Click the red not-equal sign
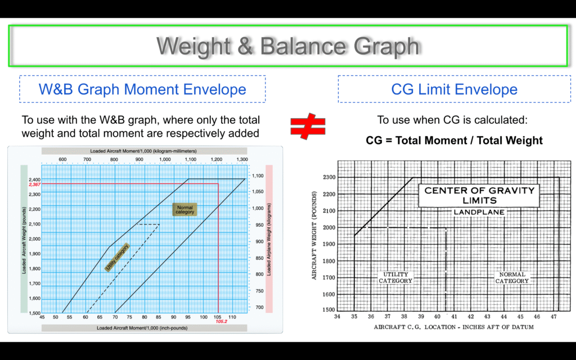click(308, 127)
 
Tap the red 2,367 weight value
click(34, 184)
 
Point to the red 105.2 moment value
click(221, 321)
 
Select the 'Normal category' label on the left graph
click(184, 210)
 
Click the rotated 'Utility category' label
click(117, 257)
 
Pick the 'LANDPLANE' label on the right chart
click(479, 212)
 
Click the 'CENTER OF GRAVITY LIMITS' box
click(479, 195)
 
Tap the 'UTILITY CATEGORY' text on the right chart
click(395, 278)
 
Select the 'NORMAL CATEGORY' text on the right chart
click(512, 278)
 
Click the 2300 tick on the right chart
click(328, 177)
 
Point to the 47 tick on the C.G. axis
click(553, 317)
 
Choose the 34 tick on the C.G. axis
click(337, 317)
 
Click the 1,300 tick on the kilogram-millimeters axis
click(242, 159)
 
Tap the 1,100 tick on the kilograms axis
click(258, 176)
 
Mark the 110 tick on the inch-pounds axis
click(232, 317)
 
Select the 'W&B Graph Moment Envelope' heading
click(142, 89)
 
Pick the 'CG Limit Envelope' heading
click(454, 89)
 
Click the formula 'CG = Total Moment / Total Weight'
click(454, 140)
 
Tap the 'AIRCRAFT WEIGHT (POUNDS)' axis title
click(314, 236)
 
